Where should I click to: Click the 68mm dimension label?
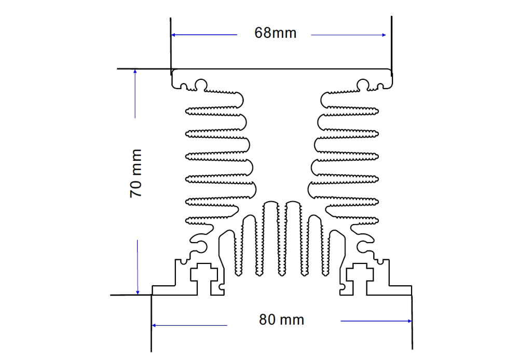pyautogui.click(x=275, y=33)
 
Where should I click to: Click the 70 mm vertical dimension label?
pyautogui.click(x=135, y=174)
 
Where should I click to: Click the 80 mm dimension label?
pyautogui.click(x=281, y=319)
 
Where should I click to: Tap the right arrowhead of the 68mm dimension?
pyautogui.click(x=384, y=35)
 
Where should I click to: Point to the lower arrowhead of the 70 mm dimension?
pyautogui.click(x=138, y=292)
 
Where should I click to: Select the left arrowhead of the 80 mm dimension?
pyautogui.click(x=154, y=325)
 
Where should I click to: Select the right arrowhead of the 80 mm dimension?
pyautogui.click(x=410, y=320)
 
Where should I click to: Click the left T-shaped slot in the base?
pyautogui.click(x=203, y=278)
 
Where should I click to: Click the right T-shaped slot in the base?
pyautogui.click(x=360, y=278)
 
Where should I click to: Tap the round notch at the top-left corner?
pyautogui.click(x=201, y=85)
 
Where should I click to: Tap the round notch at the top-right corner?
pyautogui.click(x=363, y=85)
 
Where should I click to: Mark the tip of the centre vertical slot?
pyautogui.click(x=282, y=275)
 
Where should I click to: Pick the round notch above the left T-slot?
pyautogui.click(x=201, y=247)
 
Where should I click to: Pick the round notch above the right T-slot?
pyautogui.click(x=362, y=247)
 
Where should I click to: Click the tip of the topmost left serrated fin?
pyautogui.click(x=186, y=111)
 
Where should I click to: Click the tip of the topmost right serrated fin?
pyautogui.click(x=378, y=111)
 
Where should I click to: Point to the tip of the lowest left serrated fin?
pyautogui.click(x=186, y=220)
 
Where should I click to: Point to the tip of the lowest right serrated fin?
pyautogui.click(x=378, y=220)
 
